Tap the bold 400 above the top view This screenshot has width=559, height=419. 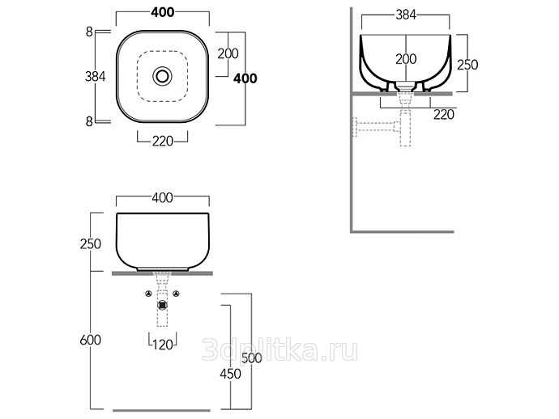(163, 12)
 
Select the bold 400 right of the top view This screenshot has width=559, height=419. (245, 78)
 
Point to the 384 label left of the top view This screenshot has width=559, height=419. (95, 76)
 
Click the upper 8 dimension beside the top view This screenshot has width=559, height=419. (89, 32)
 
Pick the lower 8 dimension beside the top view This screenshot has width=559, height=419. (89, 122)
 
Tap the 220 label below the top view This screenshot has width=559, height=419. (163, 142)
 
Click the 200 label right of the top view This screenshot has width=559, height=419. (228, 53)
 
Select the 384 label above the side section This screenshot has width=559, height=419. (406, 15)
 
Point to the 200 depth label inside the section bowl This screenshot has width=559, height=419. (406, 59)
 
